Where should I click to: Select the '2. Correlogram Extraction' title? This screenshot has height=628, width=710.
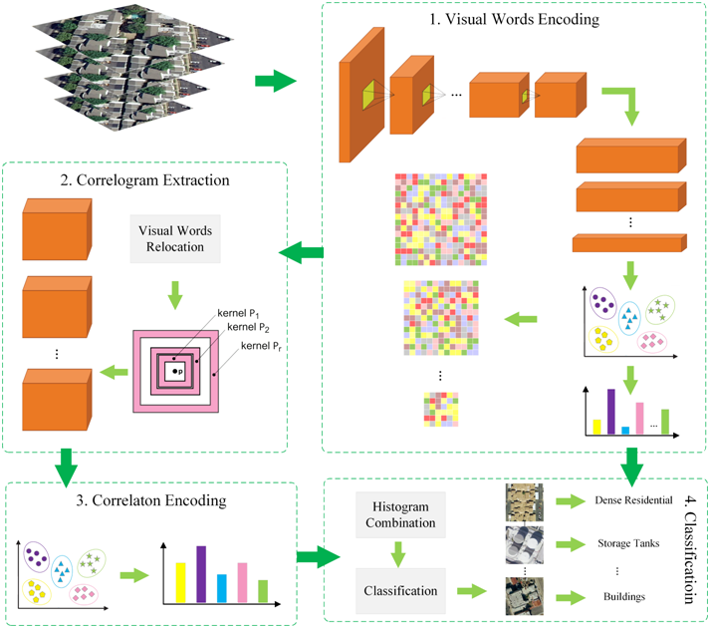(x=145, y=180)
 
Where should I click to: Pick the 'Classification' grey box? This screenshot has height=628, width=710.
(x=397, y=590)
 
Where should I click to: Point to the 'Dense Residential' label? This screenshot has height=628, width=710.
(x=633, y=499)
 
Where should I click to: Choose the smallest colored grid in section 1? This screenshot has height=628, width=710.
(x=441, y=410)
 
